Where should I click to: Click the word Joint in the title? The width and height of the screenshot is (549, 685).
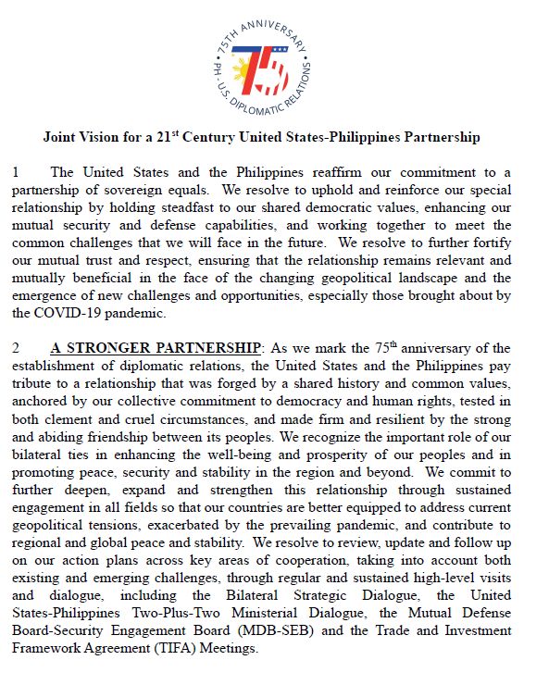pos(62,137)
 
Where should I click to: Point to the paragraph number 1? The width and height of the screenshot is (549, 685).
pos(15,172)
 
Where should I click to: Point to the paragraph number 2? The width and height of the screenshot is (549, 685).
pos(15,348)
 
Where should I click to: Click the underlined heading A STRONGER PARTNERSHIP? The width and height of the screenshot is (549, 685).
pos(156,348)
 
